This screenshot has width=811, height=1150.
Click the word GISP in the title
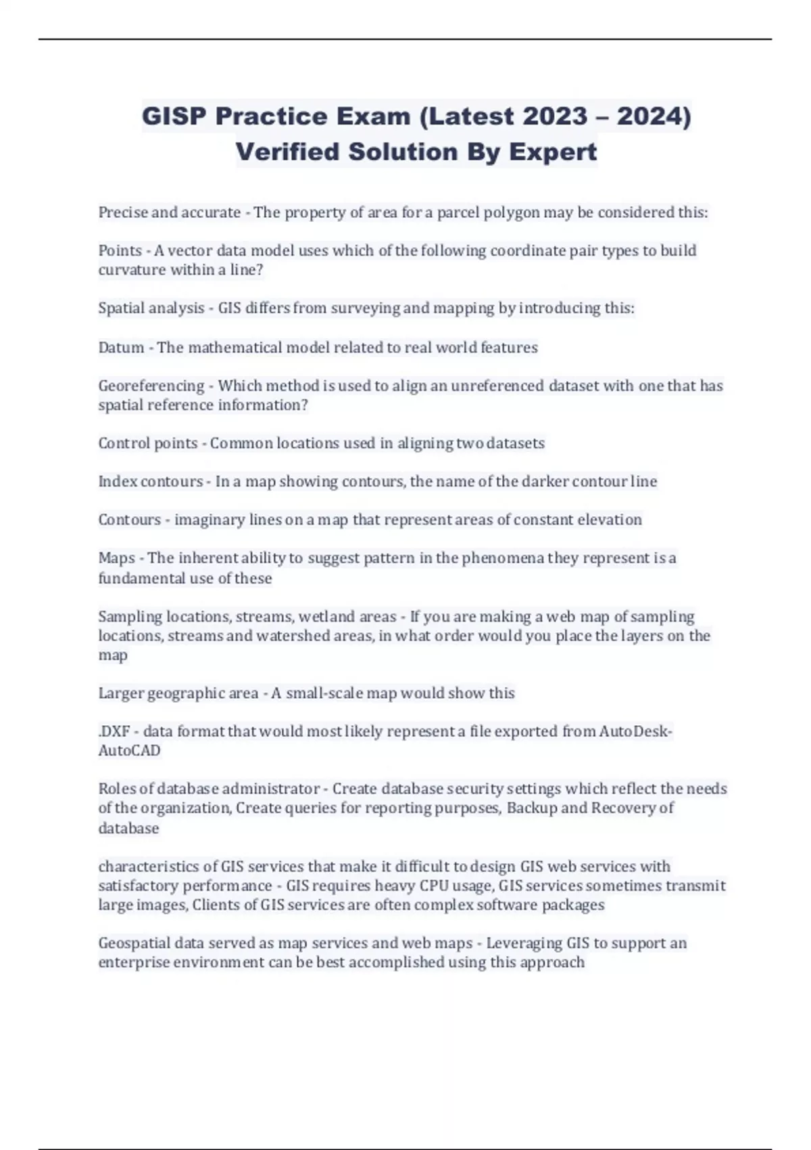(x=174, y=116)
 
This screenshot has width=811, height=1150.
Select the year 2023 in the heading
(x=555, y=116)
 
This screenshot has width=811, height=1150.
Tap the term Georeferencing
(x=151, y=386)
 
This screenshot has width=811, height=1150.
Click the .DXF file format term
(x=114, y=731)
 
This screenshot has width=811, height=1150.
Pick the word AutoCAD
(x=130, y=751)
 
